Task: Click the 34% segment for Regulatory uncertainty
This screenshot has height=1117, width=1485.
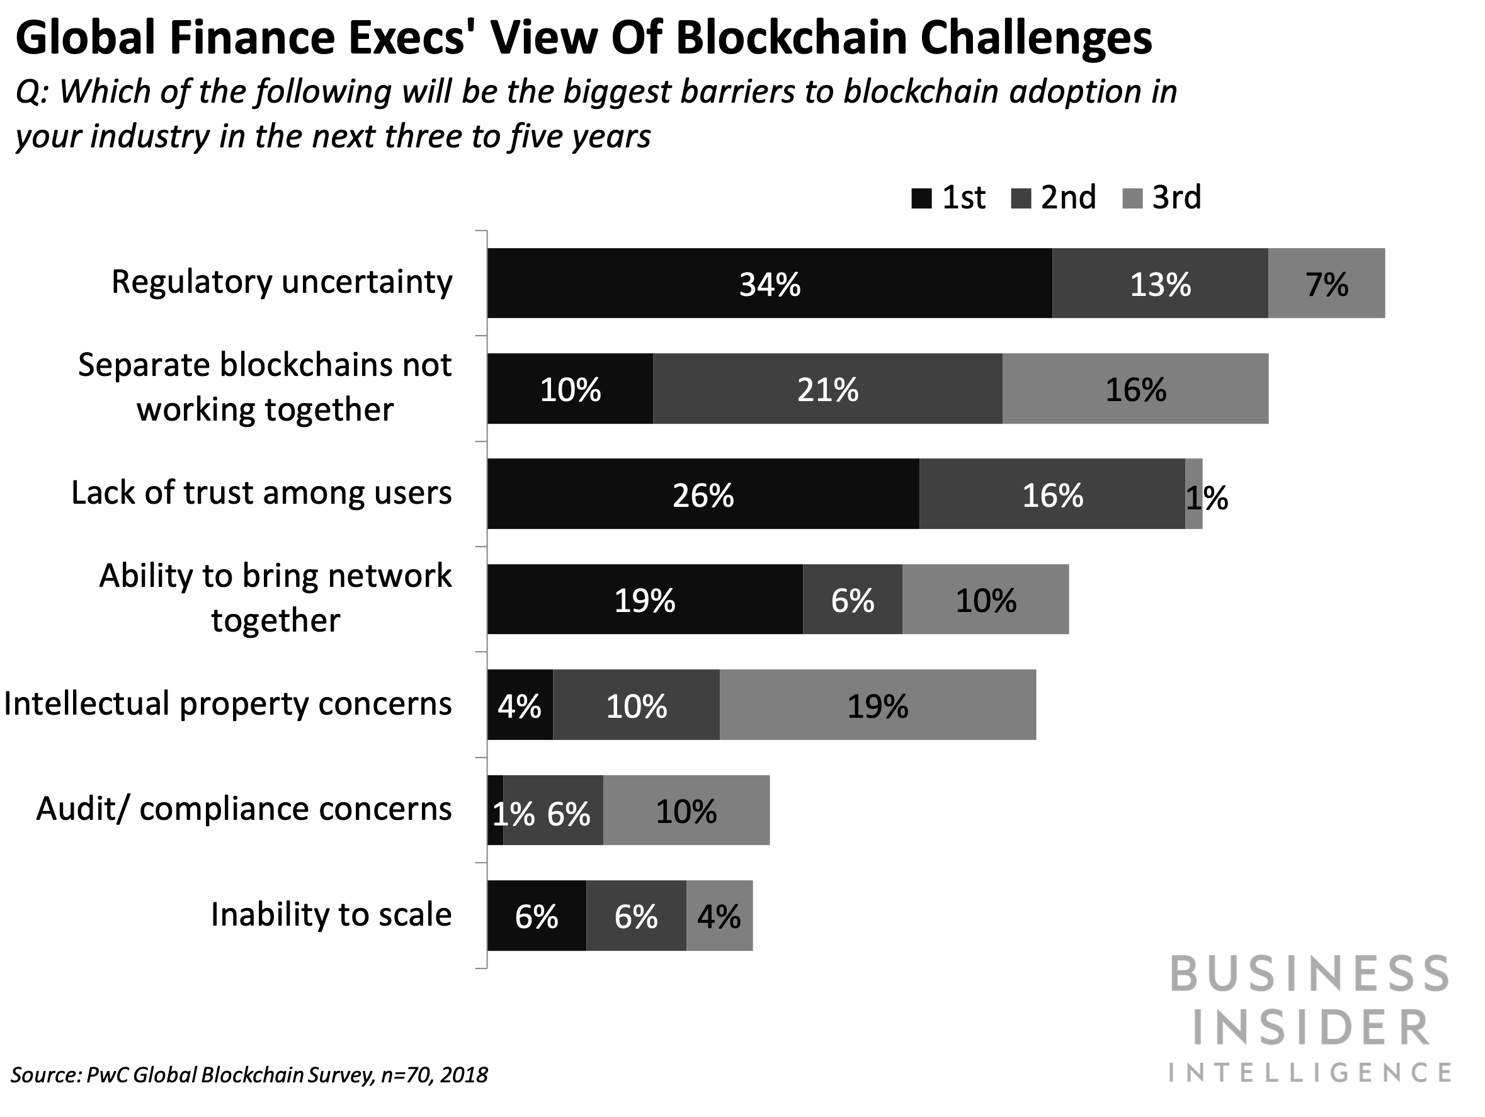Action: click(x=770, y=283)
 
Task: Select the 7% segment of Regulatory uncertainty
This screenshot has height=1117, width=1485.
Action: click(x=1326, y=283)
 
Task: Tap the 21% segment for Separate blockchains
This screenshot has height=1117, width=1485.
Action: click(x=827, y=388)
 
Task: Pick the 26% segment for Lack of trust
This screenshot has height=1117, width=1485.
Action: click(x=703, y=494)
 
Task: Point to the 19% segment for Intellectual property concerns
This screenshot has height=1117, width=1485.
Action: click(x=877, y=705)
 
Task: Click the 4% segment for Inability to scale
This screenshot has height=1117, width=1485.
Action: click(x=719, y=916)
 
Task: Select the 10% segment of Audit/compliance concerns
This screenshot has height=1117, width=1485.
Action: click(x=686, y=810)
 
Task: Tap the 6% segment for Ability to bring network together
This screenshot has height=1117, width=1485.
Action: click(x=852, y=599)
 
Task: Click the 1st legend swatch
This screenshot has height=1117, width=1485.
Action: click(x=921, y=199)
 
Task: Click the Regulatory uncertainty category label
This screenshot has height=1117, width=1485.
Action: click(x=282, y=282)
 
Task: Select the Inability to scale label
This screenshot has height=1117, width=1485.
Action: click(x=331, y=914)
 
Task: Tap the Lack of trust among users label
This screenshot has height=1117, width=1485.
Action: click(x=261, y=493)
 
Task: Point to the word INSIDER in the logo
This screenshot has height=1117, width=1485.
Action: click(x=1311, y=1028)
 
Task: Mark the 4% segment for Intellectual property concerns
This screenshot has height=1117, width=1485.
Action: click(x=520, y=705)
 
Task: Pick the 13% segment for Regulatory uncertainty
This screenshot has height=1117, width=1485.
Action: click(x=1160, y=283)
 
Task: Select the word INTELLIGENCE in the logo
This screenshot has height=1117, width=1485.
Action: click(x=1311, y=1073)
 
